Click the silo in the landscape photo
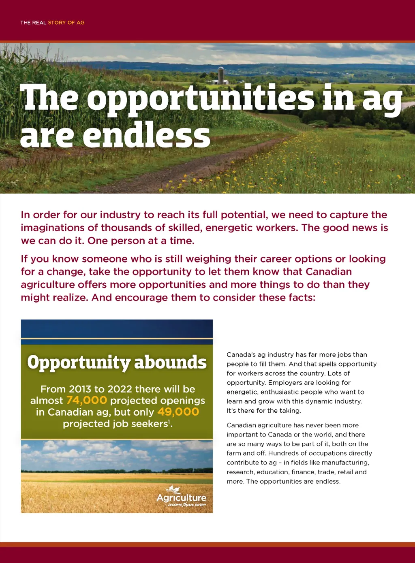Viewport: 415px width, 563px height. coord(221,75)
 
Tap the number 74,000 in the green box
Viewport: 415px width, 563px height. coord(86,401)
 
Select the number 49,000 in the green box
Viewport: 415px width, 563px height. coord(178,412)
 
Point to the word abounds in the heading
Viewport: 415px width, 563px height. coord(170,362)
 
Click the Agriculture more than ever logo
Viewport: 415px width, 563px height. coord(182,497)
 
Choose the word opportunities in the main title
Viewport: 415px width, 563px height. coord(201,98)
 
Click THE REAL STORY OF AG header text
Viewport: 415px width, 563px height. coord(52,23)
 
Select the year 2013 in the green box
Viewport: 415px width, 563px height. coord(80,389)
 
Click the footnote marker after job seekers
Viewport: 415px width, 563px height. coord(169,421)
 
